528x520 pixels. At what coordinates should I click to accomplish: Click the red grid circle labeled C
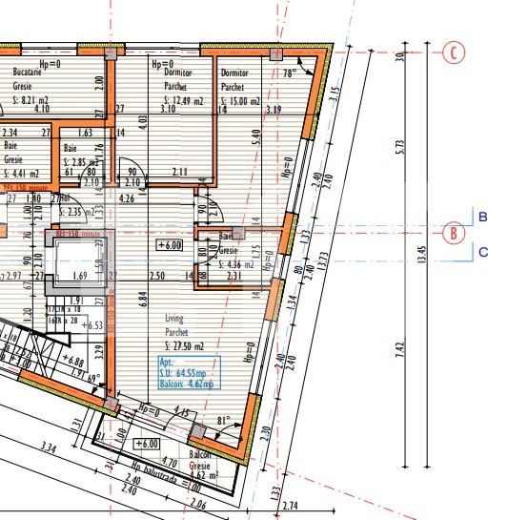456,52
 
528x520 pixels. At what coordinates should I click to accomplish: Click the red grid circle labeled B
456,232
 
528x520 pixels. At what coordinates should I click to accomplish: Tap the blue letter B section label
482,218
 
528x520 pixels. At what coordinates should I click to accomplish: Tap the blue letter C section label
482,252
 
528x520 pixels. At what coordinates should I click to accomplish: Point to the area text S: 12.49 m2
177,100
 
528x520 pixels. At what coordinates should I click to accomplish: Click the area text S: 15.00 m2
241,102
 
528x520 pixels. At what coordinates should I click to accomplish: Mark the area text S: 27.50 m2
187,345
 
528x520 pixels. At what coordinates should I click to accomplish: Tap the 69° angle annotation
93,378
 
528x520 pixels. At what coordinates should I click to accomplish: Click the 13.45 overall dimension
422,258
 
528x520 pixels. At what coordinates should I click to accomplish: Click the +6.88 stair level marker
73,362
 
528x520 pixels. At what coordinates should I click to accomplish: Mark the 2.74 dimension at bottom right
292,505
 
